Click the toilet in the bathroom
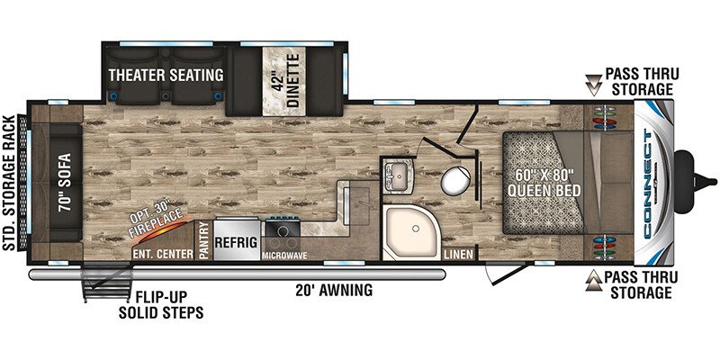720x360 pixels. tap(455, 180)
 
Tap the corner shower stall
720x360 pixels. tap(410, 232)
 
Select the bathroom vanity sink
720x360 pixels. tap(398, 175)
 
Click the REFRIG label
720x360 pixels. tap(236, 243)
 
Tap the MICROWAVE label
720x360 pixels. tap(284, 256)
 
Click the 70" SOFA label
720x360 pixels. tap(66, 183)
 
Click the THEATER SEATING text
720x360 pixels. tap(166, 75)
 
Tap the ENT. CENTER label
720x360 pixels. tap(163, 255)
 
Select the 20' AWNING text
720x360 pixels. tap(334, 290)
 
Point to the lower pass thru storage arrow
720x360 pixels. tap(594, 280)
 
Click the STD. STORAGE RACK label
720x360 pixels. tap(9, 183)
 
